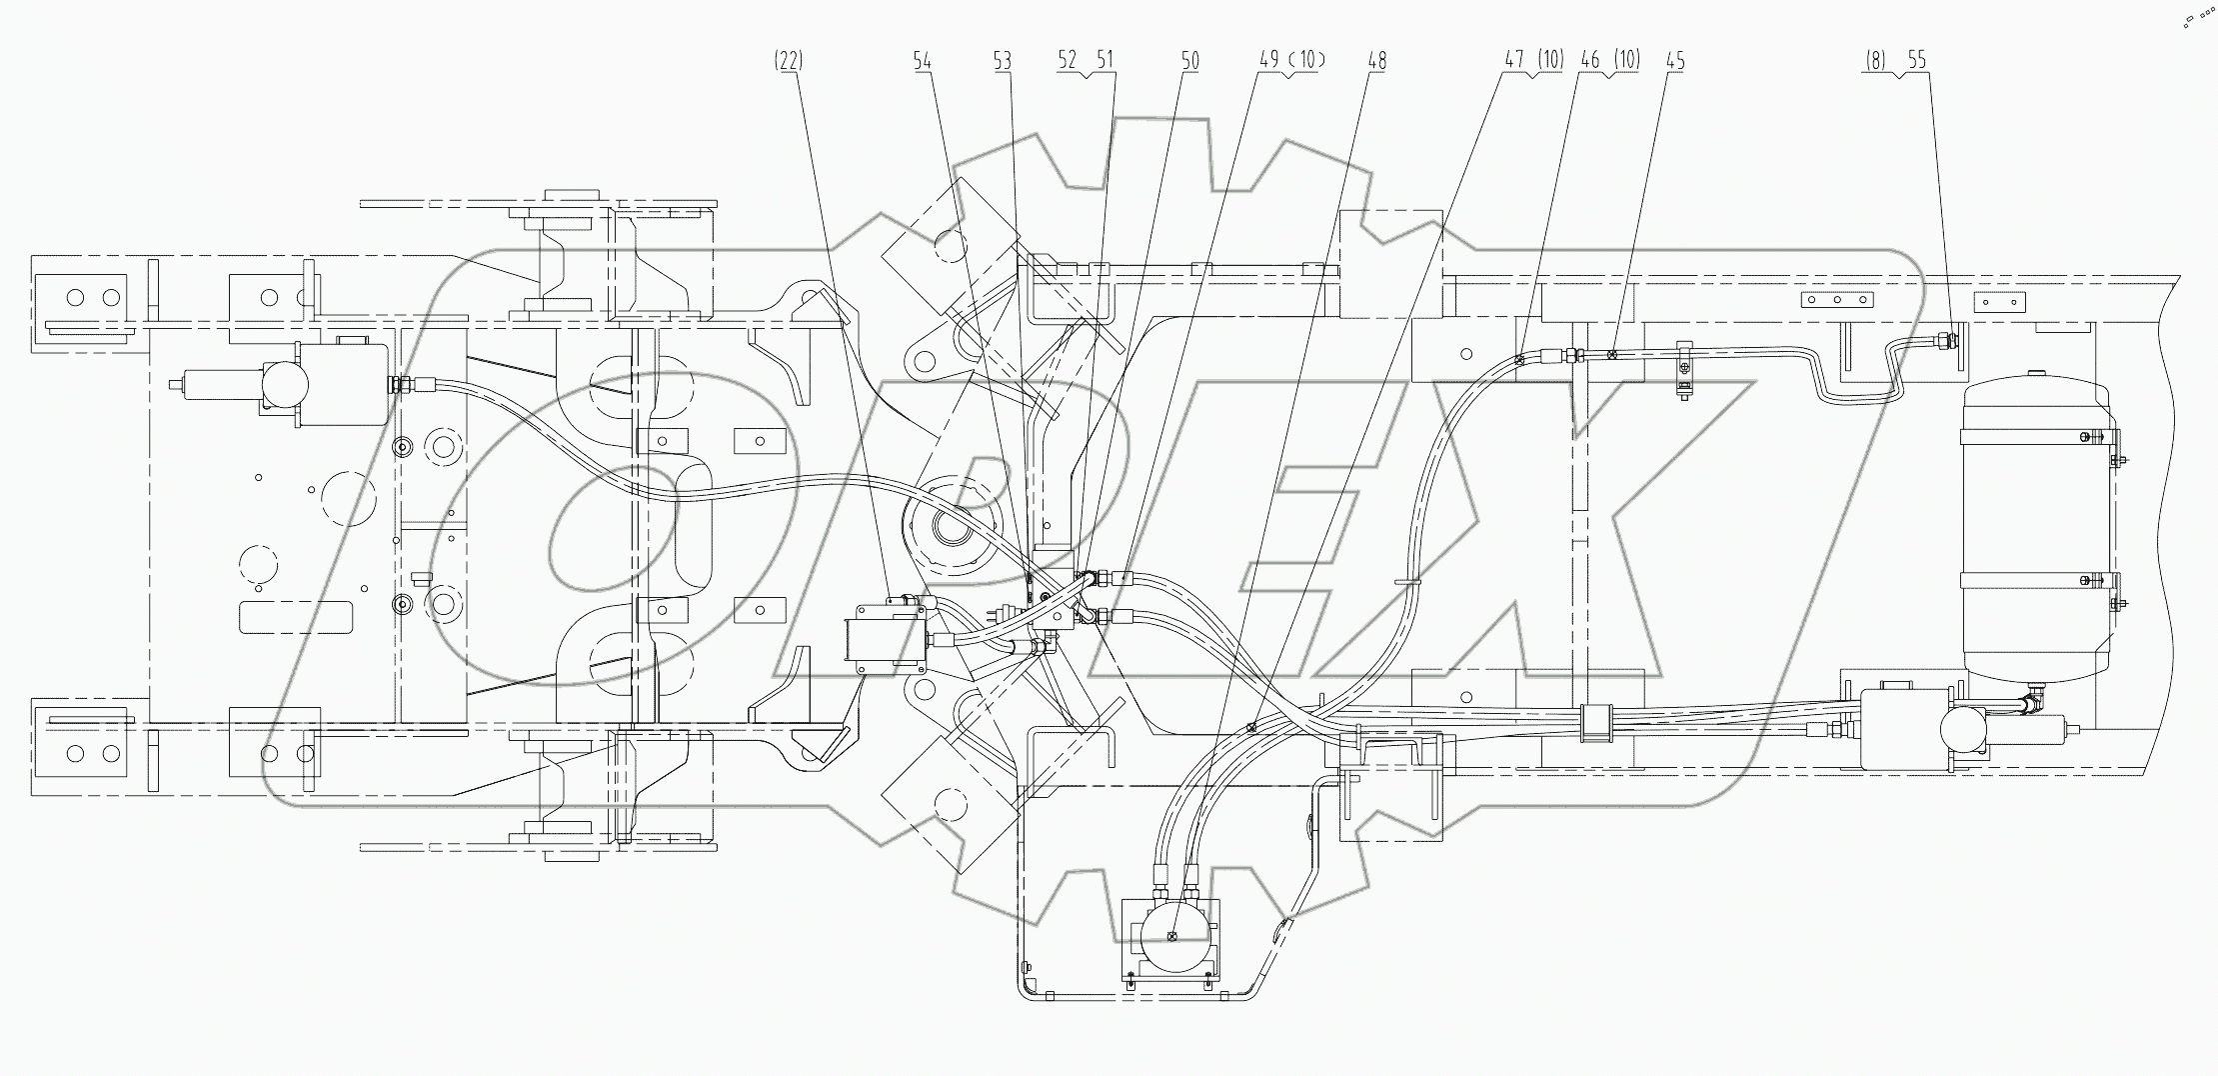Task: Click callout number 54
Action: [x=922, y=61]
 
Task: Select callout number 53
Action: [x=1002, y=61]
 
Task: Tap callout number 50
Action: [x=1189, y=61]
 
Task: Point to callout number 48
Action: [x=1376, y=61]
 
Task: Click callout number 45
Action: [x=1675, y=61]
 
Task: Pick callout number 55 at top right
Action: [x=1916, y=61]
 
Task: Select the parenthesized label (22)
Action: [x=788, y=61]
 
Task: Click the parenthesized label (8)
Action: [x=1875, y=61]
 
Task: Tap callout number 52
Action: [x=1068, y=61]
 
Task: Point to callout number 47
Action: [x=1514, y=61]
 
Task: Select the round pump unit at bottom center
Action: [x=1174, y=936]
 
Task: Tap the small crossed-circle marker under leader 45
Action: [x=1612, y=354]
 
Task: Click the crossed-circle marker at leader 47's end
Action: [x=1250, y=728]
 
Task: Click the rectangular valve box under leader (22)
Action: [x=885, y=640]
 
